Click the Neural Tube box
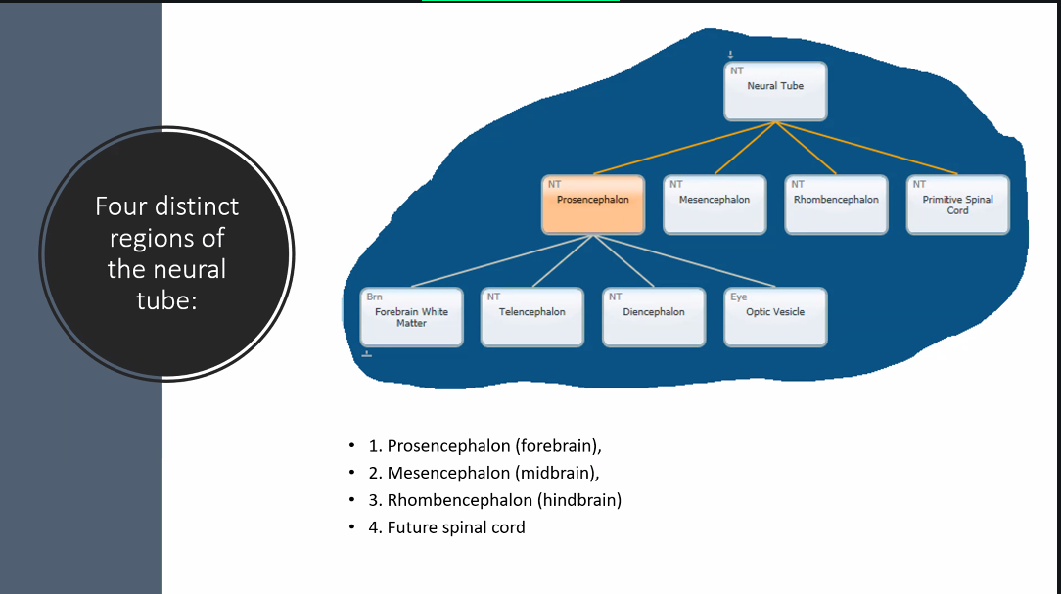tap(776, 91)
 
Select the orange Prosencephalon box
tap(593, 205)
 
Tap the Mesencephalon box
tap(715, 205)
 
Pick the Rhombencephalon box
tap(836, 205)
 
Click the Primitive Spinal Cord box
tap(957, 205)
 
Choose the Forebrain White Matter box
tap(411, 317)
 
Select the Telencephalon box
tap(532, 317)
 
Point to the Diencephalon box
tap(654, 317)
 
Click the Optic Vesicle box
tap(775, 317)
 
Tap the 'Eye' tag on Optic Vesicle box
tap(739, 297)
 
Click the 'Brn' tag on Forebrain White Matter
tap(375, 297)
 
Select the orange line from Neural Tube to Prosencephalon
tap(685, 149)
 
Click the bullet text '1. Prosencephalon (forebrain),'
tap(484, 446)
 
